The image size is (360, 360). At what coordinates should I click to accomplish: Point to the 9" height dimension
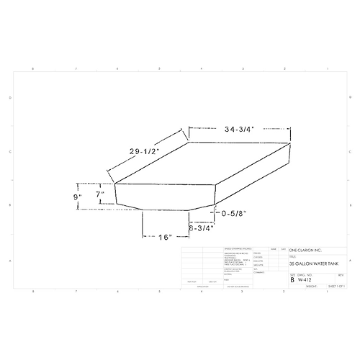click(x=77, y=196)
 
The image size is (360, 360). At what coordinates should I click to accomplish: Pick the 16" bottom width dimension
click(x=165, y=237)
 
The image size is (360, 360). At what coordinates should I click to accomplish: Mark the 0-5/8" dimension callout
click(x=236, y=214)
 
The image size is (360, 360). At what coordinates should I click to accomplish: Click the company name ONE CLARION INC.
click(x=307, y=250)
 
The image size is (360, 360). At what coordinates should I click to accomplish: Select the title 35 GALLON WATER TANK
click(x=313, y=264)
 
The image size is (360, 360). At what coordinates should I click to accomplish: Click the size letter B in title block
click(x=292, y=279)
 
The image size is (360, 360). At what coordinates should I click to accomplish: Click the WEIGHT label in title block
click(x=311, y=285)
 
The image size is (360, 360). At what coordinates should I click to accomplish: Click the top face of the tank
click(x=202, y=166)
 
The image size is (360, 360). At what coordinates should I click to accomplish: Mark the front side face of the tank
click(x=166, y=197)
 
